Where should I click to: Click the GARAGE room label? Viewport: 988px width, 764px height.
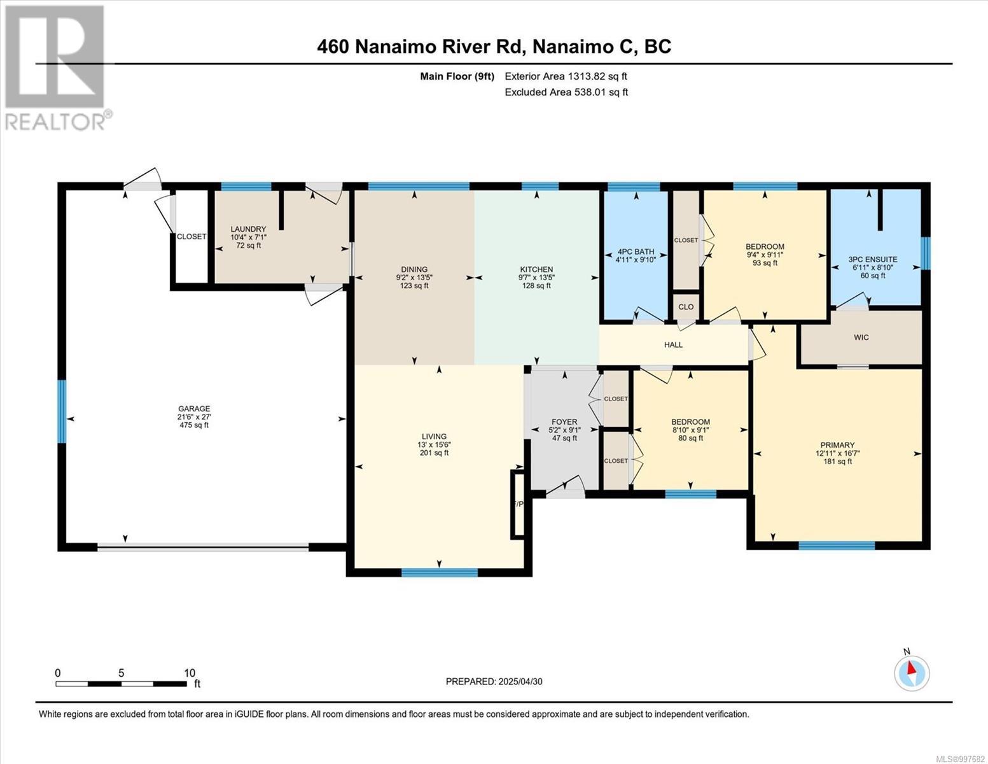(x=193, y=409)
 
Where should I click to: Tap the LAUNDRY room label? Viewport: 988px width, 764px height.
(x=248, y=229)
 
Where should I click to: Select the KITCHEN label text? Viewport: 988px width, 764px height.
(x=536, y=269)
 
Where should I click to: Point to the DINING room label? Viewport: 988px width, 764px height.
(x=414, y=269)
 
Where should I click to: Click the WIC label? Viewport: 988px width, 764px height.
(x=861, y=337)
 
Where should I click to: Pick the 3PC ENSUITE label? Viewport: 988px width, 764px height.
(x=873, y=259)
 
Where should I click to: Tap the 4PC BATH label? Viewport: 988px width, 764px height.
(x=635, y=251)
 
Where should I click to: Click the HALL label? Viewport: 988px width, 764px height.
(x=673, y=344)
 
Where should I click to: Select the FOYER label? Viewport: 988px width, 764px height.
(x=564, y=422)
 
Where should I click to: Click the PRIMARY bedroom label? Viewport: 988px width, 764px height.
(x=837, y=445)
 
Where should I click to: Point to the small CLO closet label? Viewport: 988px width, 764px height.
(x=686, y=307)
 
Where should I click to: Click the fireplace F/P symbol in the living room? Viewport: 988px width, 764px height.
(x=518, y=505)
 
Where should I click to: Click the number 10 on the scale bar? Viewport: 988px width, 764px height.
(x=190, y=672)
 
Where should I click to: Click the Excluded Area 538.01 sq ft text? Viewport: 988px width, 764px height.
(x=566, y=92)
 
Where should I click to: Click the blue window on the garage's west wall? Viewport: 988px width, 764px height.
(x=62, y=411)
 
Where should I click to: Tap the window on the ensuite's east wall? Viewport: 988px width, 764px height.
(x=926, y=253)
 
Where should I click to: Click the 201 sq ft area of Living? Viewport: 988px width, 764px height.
(x=435, y=453)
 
